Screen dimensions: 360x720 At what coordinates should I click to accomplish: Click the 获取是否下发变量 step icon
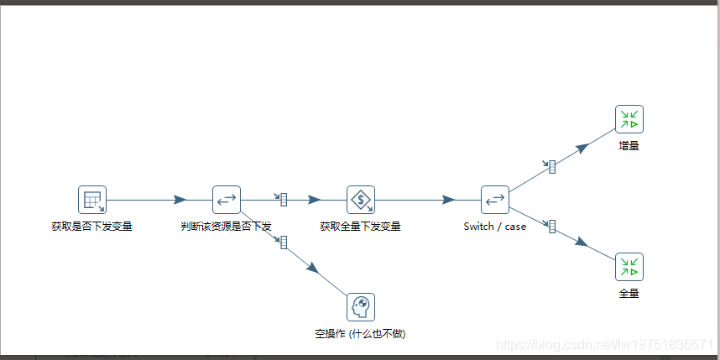[92, 200]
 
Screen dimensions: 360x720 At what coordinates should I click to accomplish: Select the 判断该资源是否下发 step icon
[227, 200]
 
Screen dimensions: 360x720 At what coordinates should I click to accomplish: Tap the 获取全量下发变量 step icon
[361, 200]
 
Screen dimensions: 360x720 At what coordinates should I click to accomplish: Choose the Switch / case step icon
[495, 200]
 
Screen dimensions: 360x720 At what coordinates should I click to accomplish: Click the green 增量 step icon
[629, 119]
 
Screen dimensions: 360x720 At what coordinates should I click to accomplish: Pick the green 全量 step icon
[629, 267]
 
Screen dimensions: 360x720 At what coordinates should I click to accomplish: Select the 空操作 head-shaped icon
[361, 307]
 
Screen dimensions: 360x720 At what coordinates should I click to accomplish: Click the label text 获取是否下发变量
[92, 227]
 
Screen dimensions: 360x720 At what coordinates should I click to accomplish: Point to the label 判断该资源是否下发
[227, 227]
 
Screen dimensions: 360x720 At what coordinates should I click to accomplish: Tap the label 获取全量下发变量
[361, 227]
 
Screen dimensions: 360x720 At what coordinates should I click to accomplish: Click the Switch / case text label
[495, 227]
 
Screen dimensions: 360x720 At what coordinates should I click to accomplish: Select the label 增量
[629, 146]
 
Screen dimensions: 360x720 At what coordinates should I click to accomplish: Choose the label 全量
[629, 294]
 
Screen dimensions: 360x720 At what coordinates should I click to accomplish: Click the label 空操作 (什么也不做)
[361, 334]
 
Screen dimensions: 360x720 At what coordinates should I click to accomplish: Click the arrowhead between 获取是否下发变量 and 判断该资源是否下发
[180, 200]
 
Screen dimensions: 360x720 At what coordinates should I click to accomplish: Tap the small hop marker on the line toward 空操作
[284, 243]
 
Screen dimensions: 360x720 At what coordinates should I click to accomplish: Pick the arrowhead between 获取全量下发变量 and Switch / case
[448, 200]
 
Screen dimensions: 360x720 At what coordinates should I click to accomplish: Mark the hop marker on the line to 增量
[552, 166]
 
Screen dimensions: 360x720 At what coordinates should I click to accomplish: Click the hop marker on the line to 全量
[552, 226]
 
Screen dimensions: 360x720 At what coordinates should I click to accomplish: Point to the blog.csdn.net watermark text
[604, 345]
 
